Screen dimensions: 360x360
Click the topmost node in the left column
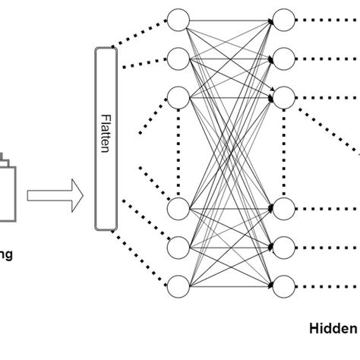click(178, 19)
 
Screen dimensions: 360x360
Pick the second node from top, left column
click(178, 58)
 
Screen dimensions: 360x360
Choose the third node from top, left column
click(178, 96)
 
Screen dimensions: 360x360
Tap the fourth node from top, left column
click(178, 207)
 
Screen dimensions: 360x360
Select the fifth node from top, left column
click(178, 246)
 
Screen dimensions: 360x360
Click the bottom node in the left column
click(178, 286)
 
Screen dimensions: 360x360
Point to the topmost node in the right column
click(283, 19)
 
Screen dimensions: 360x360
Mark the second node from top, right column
click(283, 58)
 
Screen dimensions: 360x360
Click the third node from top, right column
click(283, 96)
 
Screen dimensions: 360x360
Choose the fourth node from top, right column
click(283, 207)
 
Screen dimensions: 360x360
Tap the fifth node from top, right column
click(283, 246)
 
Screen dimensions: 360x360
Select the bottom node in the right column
click(283, 286)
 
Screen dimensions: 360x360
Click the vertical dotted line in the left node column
click(178, 152)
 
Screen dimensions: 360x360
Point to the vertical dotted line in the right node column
click(283, 152)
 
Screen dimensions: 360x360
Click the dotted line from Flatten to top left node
click(141, 33)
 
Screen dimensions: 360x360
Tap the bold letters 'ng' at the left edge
click(5, 255)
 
